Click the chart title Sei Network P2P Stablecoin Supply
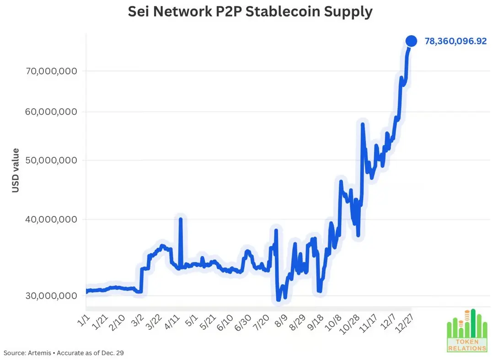coord(250,12)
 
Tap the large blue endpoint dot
coord(411,41)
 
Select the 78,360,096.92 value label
coord(455,41)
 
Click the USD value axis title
coord(16,170)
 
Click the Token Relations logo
coord(466,332)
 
